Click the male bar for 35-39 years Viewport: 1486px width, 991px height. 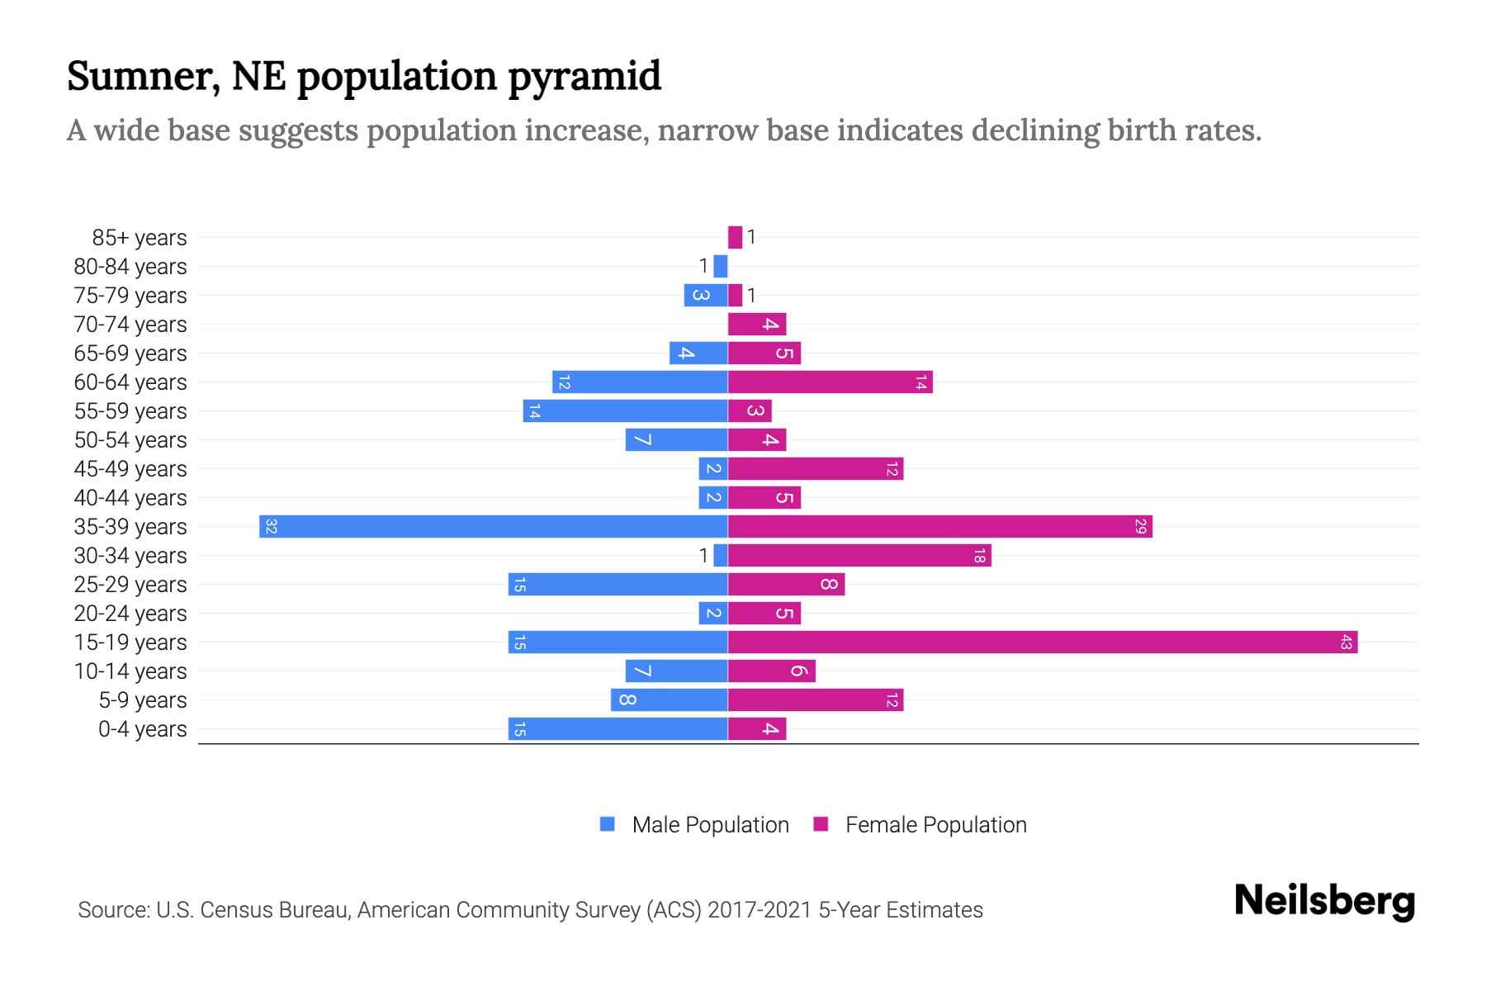(x=493, y=527)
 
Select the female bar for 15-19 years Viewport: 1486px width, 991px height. (x=1042, y=642)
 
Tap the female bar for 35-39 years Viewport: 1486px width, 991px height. (x=939, y=527)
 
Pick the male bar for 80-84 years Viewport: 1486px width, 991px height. (x=721, y=267)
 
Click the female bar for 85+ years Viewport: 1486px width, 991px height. (x=735, y=238)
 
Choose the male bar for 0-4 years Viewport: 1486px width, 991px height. (x=618, y=729)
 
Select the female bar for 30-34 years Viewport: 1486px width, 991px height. (x=859, y=556)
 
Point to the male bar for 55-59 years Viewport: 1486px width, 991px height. (x=625, y=411)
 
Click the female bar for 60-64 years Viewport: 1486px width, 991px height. (x=830, y=382)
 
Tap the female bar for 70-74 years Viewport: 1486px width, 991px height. (x=756, y=325)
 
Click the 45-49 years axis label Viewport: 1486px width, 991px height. (x=130, y=469)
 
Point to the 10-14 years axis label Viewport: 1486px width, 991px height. (x=130, y=671)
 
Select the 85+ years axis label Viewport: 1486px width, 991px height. (x=140, y=238)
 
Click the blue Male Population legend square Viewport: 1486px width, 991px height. (x=608, y=824)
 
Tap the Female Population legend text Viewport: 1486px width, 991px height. (x=935, y=825)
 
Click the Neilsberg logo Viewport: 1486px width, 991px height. (x=1324, y=901)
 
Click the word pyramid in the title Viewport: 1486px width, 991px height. (x=584, y=77)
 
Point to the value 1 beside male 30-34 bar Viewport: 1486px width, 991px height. (x=703, y=556)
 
